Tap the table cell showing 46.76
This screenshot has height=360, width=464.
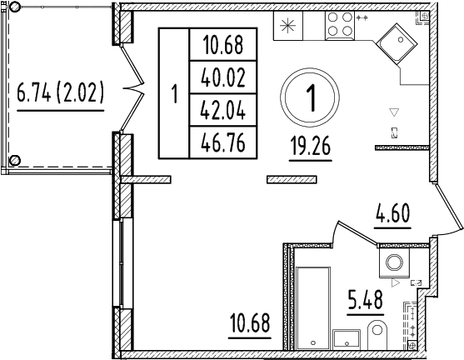click(223, 142)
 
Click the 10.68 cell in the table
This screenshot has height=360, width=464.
click(223, 44)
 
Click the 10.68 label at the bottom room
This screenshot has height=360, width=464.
click(251, 321)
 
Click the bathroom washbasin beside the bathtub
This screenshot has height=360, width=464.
click(345, 337)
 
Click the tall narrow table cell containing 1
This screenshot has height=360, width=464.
click(174, 93)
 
